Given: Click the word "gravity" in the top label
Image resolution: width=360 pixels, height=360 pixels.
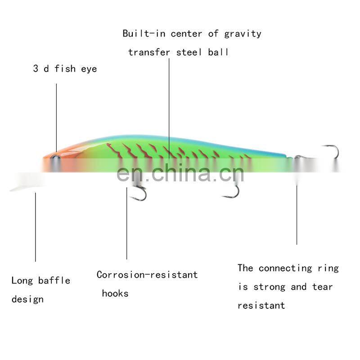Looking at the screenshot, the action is [243, 34].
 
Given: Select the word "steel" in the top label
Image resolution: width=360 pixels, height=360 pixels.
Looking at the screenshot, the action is [189, 52].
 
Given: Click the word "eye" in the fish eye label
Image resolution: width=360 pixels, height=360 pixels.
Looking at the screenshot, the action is [89, 69].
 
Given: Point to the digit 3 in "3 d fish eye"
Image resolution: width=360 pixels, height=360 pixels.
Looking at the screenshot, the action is [36, 68].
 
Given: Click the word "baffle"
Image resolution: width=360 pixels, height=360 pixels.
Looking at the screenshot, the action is [54, 280].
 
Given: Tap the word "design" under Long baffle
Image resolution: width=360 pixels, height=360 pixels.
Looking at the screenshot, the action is [27, 300].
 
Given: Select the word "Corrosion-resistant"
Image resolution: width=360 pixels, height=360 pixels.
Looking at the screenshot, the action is [147, 274].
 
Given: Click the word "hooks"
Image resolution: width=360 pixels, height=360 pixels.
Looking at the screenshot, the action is [115, 293].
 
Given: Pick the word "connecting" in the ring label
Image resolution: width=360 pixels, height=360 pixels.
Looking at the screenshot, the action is [285, 268].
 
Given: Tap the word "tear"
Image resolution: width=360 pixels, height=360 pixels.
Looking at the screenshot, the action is [322, 287].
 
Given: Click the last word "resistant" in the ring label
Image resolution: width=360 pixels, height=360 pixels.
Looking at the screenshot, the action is [261, 306].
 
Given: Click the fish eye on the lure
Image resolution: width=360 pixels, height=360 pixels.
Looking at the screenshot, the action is [55, 157].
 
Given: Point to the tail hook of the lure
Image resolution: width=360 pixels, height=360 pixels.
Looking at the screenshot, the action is [331, 152].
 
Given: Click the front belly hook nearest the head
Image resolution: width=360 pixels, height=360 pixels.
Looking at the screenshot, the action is [139, 193].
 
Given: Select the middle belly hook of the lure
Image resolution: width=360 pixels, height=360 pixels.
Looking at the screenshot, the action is [232, 192].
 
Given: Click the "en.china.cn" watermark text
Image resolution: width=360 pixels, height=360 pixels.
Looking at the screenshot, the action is [180, 173].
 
